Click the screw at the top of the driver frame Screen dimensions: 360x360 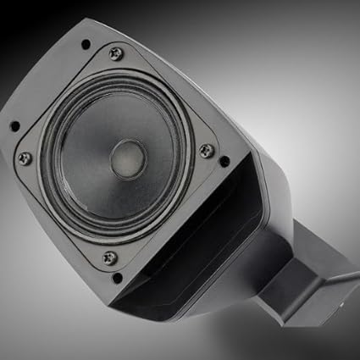point(116,53)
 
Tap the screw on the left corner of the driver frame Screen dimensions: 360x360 point(25,158)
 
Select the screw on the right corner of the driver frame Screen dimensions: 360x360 point(206,151)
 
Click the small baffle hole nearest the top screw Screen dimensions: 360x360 point(85,44)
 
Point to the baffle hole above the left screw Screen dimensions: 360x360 point(14,127)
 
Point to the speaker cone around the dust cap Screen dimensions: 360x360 point(89,161)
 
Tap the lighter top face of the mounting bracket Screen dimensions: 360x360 point(309,271)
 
